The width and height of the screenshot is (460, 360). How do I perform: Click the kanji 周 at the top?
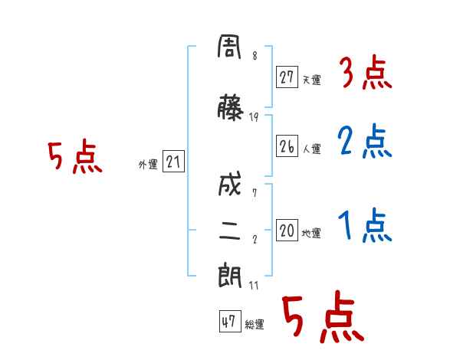point(229,47)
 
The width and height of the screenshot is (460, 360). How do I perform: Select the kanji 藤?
point(230,107)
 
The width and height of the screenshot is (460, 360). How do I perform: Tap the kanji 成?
point(230,184)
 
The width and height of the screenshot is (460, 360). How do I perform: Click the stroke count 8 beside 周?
point(255,55)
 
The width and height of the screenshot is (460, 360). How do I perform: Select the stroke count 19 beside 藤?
point(254,117)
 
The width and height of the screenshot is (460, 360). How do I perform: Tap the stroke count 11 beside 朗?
point(254,285)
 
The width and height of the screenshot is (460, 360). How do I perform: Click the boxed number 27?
point(287,77)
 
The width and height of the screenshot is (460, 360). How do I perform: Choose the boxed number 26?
point(287,146)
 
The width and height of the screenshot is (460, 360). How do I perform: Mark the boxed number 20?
point(287,230)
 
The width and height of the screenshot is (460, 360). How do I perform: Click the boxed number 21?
point(173,161)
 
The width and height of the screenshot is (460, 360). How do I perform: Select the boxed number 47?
point(230,321)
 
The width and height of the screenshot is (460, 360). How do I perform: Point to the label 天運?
point(311,80)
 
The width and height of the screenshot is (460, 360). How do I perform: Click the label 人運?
point(311,149)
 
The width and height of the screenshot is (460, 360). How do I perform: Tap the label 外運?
point(148,165)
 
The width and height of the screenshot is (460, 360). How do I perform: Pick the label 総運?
point(255,325)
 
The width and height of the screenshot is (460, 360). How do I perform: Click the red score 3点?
point(366,73)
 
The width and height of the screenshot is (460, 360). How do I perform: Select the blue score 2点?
point(365,141)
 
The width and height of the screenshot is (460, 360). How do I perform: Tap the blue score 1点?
point(365,225)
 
